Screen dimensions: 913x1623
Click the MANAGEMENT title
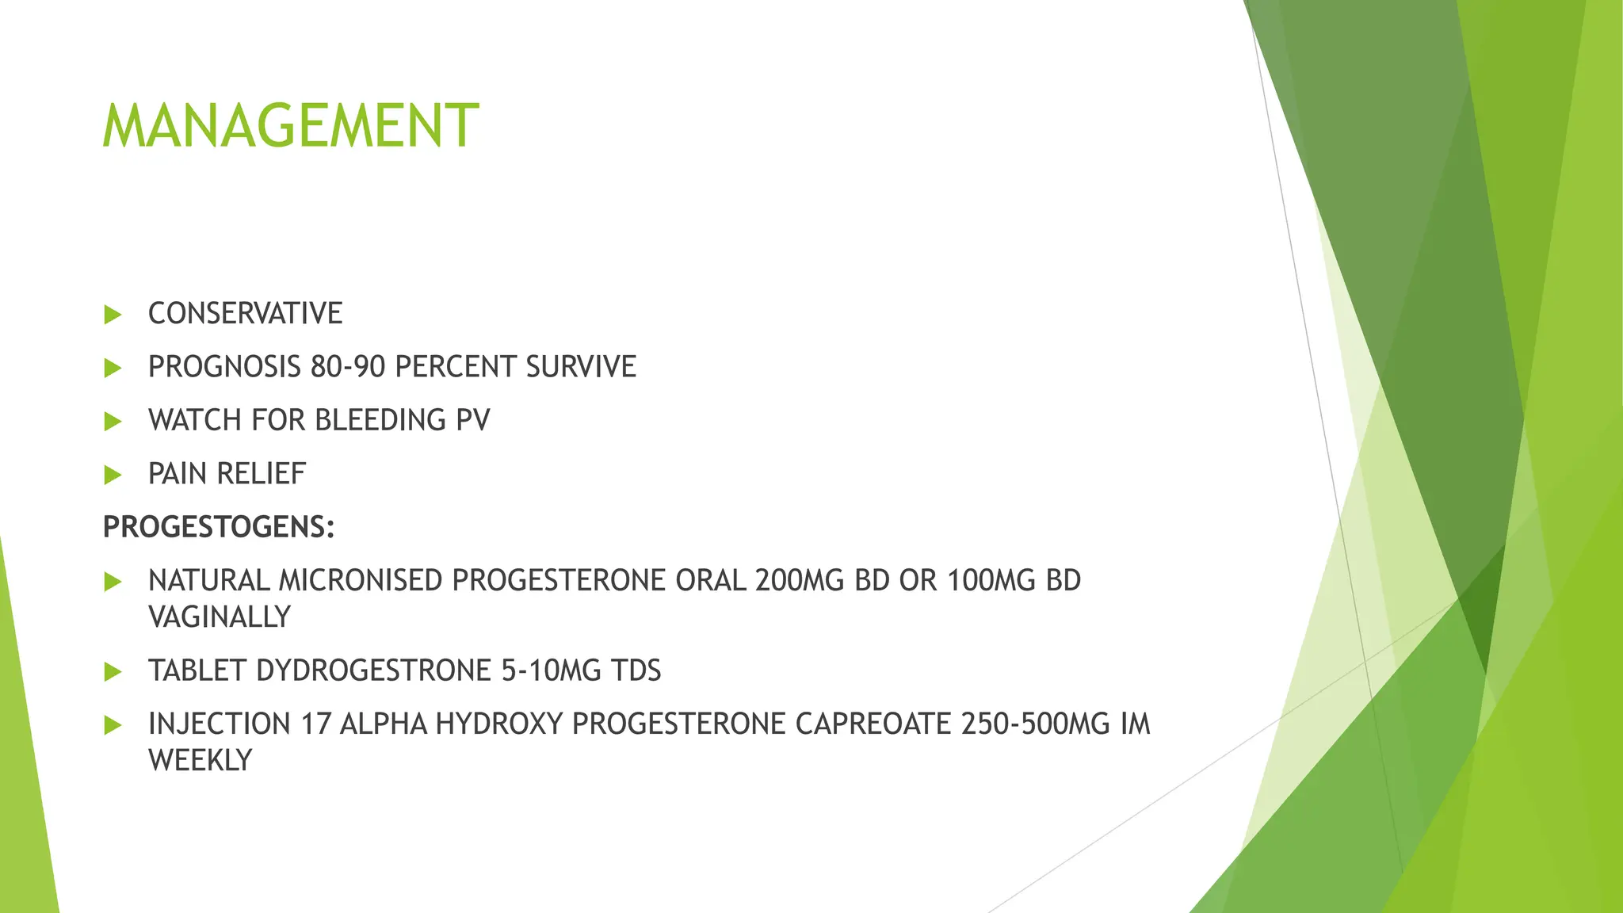pos(290,126)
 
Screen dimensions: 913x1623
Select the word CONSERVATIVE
pos(245,314)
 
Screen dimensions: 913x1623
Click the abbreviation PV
pos(472,420)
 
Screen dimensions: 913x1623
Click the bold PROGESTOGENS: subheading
pos(219,527)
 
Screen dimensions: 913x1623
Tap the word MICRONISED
pos(361,581)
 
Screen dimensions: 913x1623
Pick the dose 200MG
pos(800,581)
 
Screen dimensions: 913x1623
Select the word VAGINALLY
pos(220,617)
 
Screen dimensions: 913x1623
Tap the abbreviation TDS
pos(636,670)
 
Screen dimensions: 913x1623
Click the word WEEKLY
pos(200,760)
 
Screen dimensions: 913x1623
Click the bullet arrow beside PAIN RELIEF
pos(113,475)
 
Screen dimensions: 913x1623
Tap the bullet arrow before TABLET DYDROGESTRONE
pos(113,671)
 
